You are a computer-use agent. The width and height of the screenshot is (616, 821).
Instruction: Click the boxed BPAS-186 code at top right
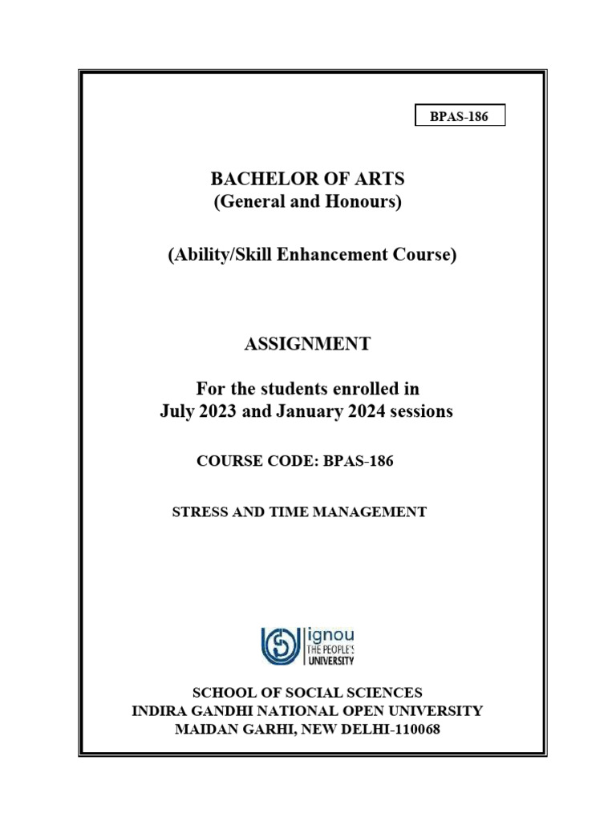click(x=460, y=116)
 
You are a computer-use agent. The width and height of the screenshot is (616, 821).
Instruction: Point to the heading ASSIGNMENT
click(x=307, y=344)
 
